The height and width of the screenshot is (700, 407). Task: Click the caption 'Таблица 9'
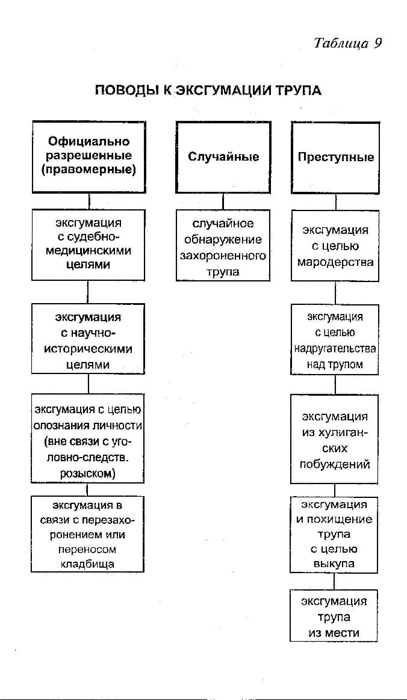click(348, 43)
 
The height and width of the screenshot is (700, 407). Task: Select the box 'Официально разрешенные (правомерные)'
click(89, 157)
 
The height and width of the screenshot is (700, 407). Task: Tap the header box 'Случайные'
click(223, 157)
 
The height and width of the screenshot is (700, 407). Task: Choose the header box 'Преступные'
click(335, 158)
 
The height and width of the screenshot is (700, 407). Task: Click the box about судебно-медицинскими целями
click(88, 245)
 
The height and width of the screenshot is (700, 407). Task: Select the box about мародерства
click(335, 245)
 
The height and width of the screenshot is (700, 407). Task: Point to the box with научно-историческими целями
click(88, 339)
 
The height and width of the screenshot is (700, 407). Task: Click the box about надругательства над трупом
click(335, 339)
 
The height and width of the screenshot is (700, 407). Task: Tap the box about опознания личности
click(87, 438)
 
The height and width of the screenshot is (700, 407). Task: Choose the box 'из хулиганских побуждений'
click(335, 439)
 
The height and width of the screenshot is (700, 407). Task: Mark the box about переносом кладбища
click(87, 533)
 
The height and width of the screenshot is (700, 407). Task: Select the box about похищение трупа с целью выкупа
click(334, 535)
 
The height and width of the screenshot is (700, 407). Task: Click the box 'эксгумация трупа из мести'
click(334, 616)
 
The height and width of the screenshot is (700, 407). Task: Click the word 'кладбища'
click(87, 564)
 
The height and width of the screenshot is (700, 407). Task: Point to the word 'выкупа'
click(334, 563)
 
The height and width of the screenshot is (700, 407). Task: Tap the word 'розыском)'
click(87, 474)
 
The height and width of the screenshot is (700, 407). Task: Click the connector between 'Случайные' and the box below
click(223, 201)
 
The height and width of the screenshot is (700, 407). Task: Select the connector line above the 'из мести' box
click(334, 582)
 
